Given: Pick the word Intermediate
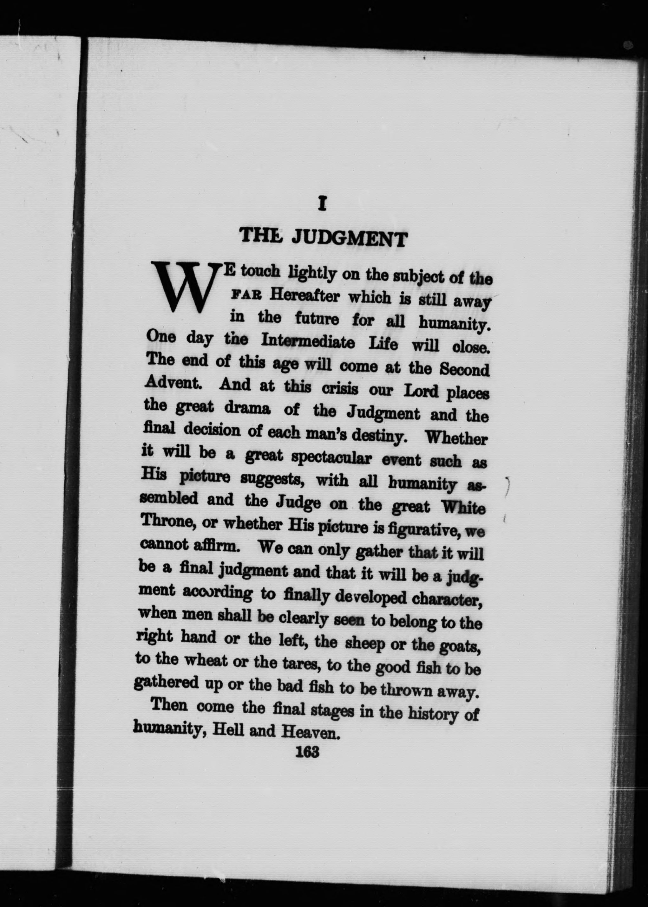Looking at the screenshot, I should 308,341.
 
